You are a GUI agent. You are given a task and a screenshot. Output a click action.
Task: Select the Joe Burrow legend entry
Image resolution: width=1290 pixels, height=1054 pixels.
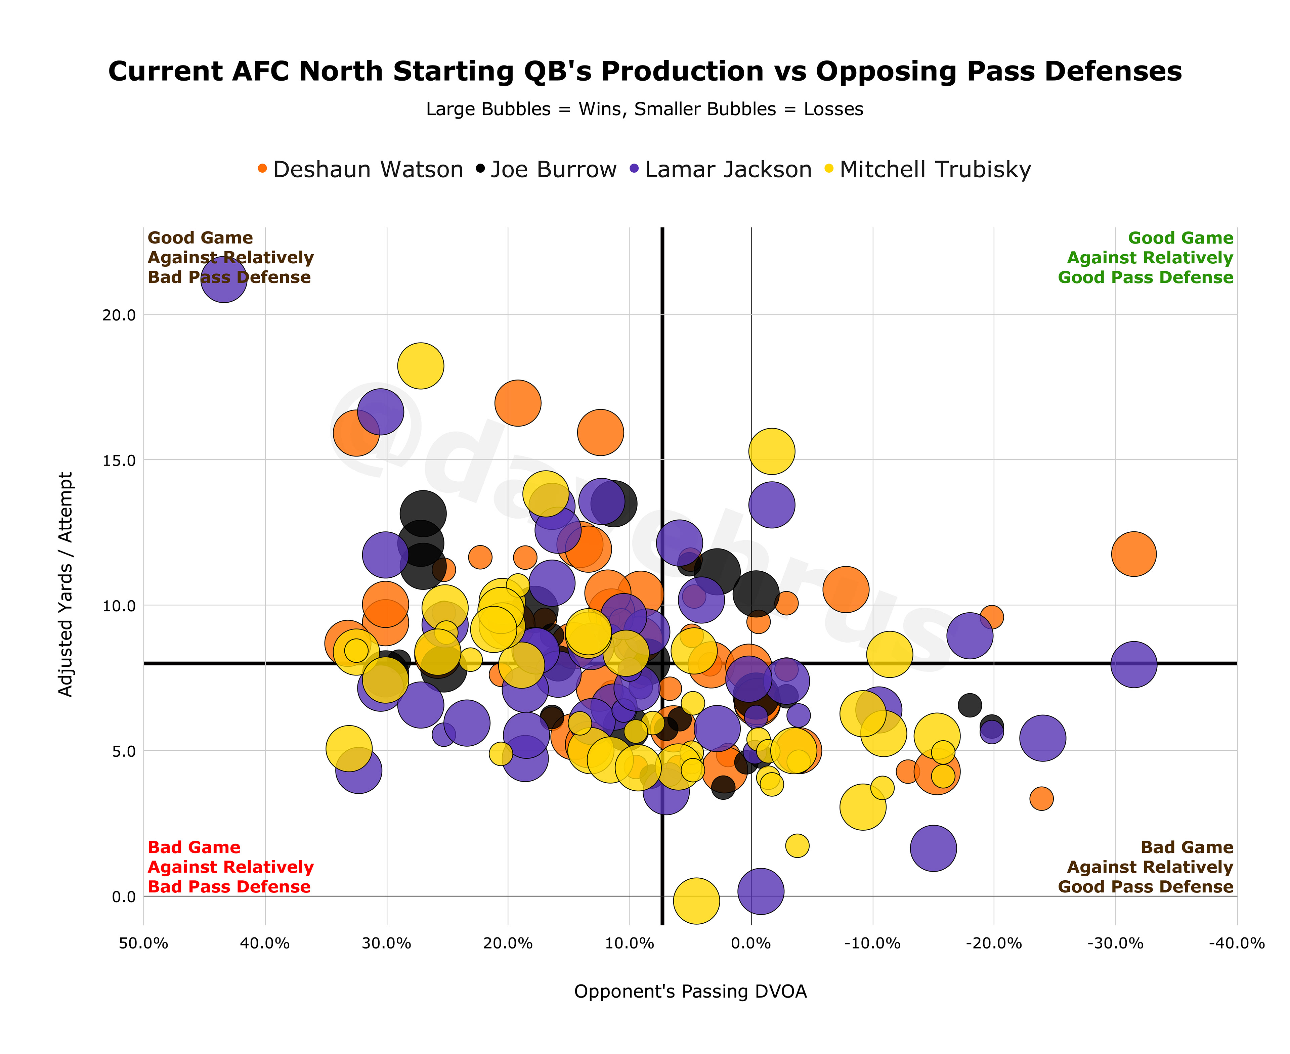[547, 169]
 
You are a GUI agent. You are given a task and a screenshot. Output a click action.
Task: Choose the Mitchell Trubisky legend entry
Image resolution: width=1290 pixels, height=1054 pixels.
[928, 169]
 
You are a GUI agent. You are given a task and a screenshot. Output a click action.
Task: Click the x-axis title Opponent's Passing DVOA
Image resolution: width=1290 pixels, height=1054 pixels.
[690, 992]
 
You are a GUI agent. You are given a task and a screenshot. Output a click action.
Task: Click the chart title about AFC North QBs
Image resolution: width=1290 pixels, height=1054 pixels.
[644, 72]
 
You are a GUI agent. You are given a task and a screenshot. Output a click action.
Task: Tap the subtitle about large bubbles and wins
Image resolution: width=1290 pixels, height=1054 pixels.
[644, 109]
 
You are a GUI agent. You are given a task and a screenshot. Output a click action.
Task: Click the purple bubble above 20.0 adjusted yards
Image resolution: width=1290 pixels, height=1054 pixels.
[224, 279]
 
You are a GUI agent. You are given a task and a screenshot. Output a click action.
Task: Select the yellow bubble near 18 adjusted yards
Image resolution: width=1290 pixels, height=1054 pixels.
[420, 365]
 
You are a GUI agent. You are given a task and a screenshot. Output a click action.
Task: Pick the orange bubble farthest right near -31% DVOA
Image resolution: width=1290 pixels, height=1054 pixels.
[1133, 554]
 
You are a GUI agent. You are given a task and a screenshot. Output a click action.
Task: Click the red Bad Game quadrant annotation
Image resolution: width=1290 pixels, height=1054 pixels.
[230, 867]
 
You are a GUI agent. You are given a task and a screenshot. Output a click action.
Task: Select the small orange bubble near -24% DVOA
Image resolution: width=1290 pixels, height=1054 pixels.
[1041, 798]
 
